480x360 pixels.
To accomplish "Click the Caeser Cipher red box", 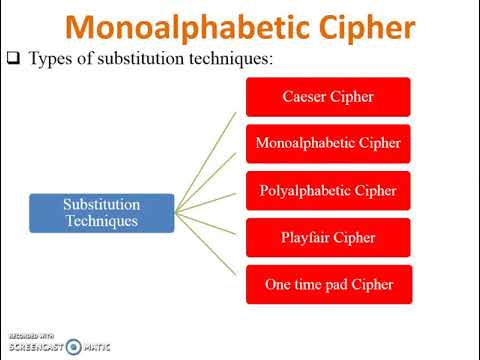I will (x=328, y=96).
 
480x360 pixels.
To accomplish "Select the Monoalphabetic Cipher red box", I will (x=328, y=143).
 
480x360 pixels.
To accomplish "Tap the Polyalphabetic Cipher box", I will (x=328, y=190).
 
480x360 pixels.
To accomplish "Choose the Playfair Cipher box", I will (x=328, y=237).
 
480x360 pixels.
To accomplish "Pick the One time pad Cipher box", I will (x=328, y=284).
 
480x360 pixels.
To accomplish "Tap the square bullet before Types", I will (x=14, y=58).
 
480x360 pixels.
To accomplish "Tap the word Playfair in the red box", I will (x=306, y=237).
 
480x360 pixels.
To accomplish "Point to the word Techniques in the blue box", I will (x=102, y=220).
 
